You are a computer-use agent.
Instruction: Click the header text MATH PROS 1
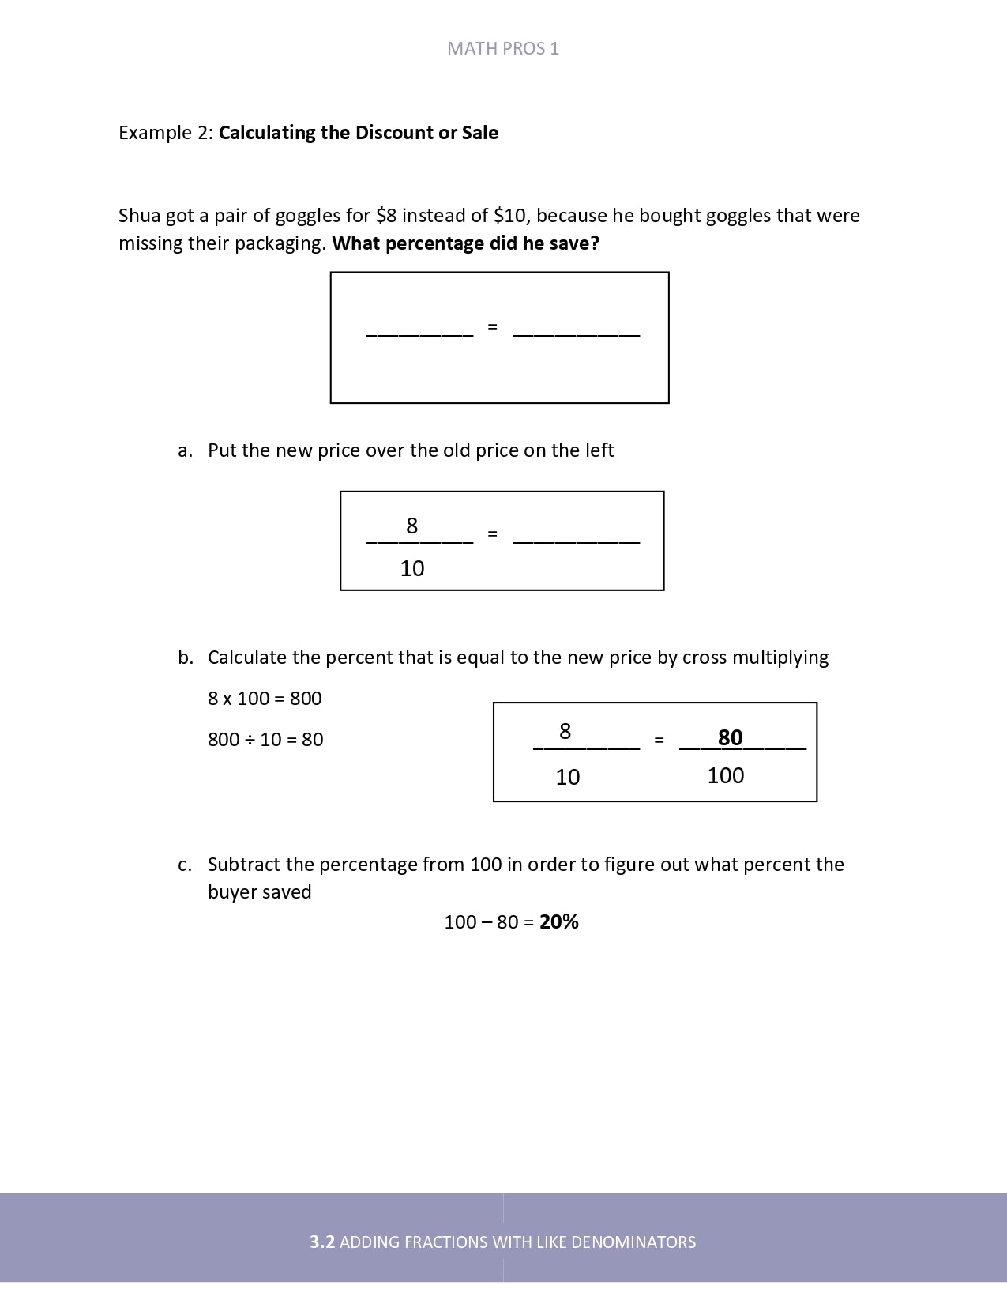click(503, 48)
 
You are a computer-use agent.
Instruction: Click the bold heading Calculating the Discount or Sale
click(358, 132)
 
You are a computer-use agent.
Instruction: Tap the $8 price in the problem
click(386, 216)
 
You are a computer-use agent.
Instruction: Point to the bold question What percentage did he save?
click(465, 243)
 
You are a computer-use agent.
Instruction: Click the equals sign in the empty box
click(492, 326)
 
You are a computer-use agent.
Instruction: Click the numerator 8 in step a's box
click(411, 526)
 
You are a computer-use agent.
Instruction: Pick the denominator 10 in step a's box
click(412, 568)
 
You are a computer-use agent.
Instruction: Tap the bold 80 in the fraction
click(730, 737)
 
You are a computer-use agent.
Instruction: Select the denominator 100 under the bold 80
click(725, 775)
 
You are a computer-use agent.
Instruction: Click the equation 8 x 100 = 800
click(265, 698)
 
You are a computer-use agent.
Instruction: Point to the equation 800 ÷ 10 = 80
click(265, 739)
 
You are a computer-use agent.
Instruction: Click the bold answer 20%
click(559, 921)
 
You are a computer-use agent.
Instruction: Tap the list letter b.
click(185, 658)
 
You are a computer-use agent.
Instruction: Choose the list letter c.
click(185, 865)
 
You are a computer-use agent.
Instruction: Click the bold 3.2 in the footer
click(322, 1242)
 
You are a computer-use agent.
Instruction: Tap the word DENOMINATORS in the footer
click(633, 1242)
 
